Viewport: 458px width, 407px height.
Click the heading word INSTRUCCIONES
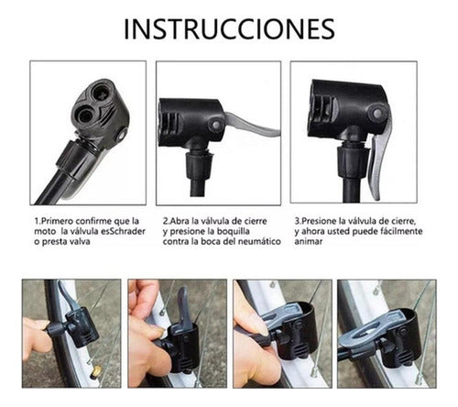[x=229, y=28]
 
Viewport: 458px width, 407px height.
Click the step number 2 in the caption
[x=165, y=221]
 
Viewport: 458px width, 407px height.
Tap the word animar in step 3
[x=311, y=245]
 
